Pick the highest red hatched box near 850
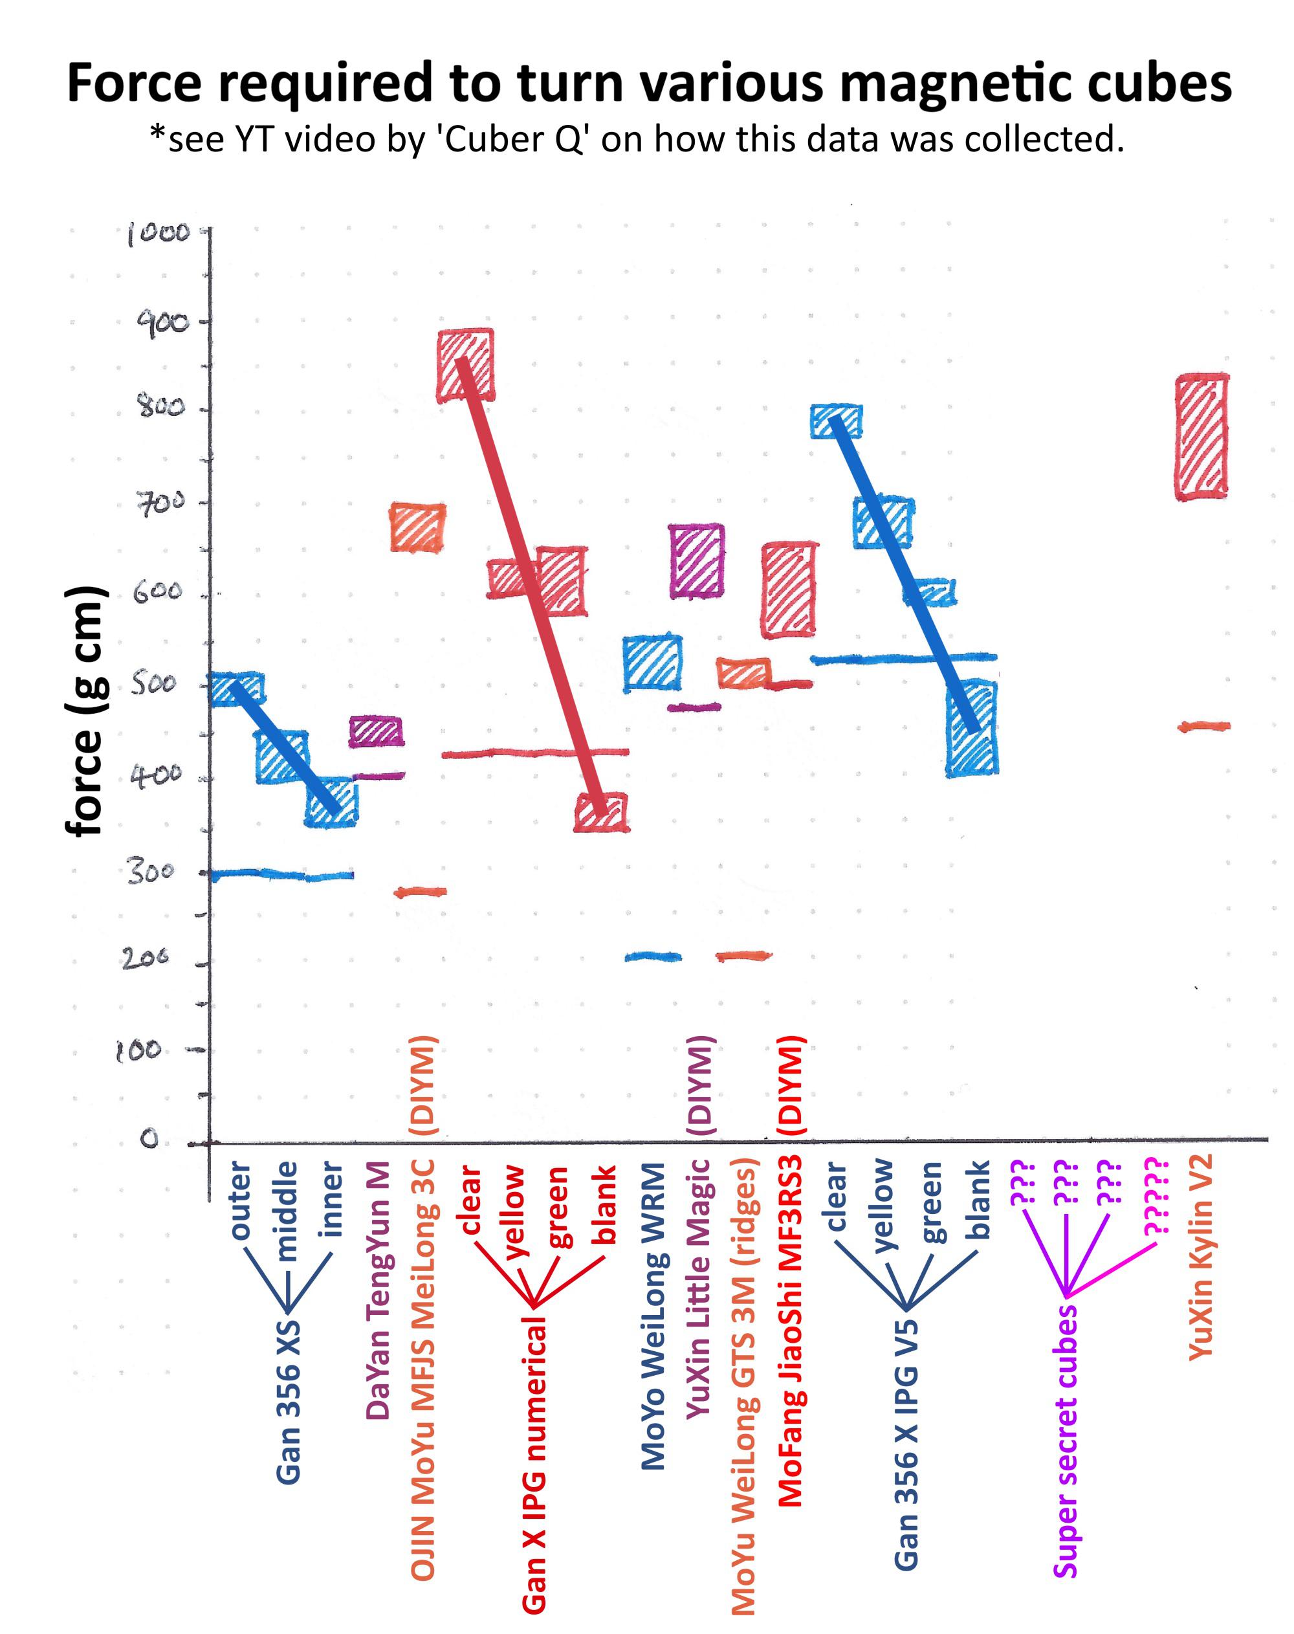coord(466,365)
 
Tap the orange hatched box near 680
coord(417,528)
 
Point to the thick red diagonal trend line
coord(534,584)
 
